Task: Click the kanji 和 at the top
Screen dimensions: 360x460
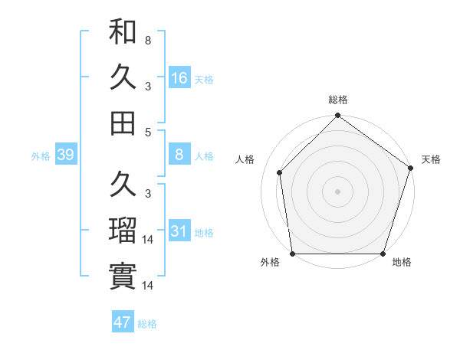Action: tap(123, 32)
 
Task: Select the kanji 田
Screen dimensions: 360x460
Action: tap(123, 123)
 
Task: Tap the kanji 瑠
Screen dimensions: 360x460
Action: tap(123, 230)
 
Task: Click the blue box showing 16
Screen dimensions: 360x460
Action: tap(179, 77)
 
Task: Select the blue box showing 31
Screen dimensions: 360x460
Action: tap(179, 231)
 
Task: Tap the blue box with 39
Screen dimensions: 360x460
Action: tap(65, 155)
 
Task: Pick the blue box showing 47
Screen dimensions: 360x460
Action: tap(123, 322)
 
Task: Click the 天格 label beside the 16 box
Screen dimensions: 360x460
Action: tap(204, 79)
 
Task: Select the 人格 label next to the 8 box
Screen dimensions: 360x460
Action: tap(204, 156)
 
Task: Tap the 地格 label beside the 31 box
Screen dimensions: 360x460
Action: tap(204, 232)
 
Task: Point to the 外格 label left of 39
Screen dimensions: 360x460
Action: tap(41, 156)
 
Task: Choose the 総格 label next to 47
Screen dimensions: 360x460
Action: tap(147, 323)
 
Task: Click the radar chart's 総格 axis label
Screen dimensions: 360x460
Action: tap(337, 100)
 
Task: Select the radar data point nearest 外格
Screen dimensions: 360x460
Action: tap(292, 254)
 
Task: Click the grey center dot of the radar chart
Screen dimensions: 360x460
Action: tap(337, 191)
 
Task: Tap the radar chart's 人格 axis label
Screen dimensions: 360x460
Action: tap(245, 159)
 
